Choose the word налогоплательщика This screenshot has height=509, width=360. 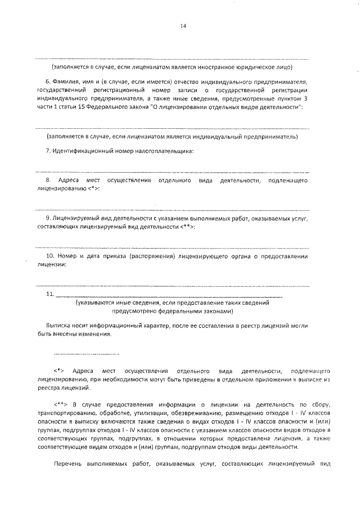pyautogui.click(x=163, y=151)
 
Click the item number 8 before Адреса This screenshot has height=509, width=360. pyautogui.click(x=48, y=180)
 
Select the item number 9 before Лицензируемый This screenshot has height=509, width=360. pyautogui.click(x=48, y=217)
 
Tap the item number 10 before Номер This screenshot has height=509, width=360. pyautogui.click(x=50, y=256)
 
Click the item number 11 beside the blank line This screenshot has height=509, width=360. pyautogui.click(x=49, y=294)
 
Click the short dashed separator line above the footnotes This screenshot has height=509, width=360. pyautogui.click(x=87, y=355)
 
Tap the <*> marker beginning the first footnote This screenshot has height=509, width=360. pyautogui.click(x=59, y=372)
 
